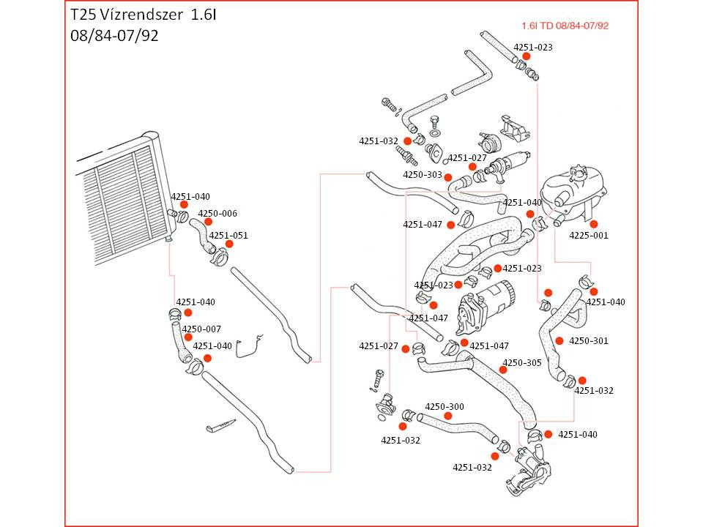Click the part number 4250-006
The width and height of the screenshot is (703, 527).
click(217, 213)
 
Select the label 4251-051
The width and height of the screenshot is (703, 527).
click(228, 235)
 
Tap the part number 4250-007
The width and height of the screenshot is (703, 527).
click(201, 329)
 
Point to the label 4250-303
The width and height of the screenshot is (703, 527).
click(423, 175)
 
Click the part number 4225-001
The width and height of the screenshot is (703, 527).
click(589, 235)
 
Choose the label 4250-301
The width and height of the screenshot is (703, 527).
click(589, 340)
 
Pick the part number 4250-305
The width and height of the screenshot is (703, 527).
click(522, 362)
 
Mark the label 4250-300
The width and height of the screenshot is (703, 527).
click(445, 406)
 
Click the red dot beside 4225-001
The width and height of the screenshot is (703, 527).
click(594, 224)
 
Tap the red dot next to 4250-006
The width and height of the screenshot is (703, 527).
click(208, 222)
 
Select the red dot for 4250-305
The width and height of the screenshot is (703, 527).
click(503, 370)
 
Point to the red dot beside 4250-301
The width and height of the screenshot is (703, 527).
click(559, 340)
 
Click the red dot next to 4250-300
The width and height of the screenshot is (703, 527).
click(447, 416)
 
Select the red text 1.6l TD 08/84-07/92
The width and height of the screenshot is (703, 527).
click(565, 26)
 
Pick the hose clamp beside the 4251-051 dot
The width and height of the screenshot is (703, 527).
click(220, 257)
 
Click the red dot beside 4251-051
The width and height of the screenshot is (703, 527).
click(229, 244)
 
